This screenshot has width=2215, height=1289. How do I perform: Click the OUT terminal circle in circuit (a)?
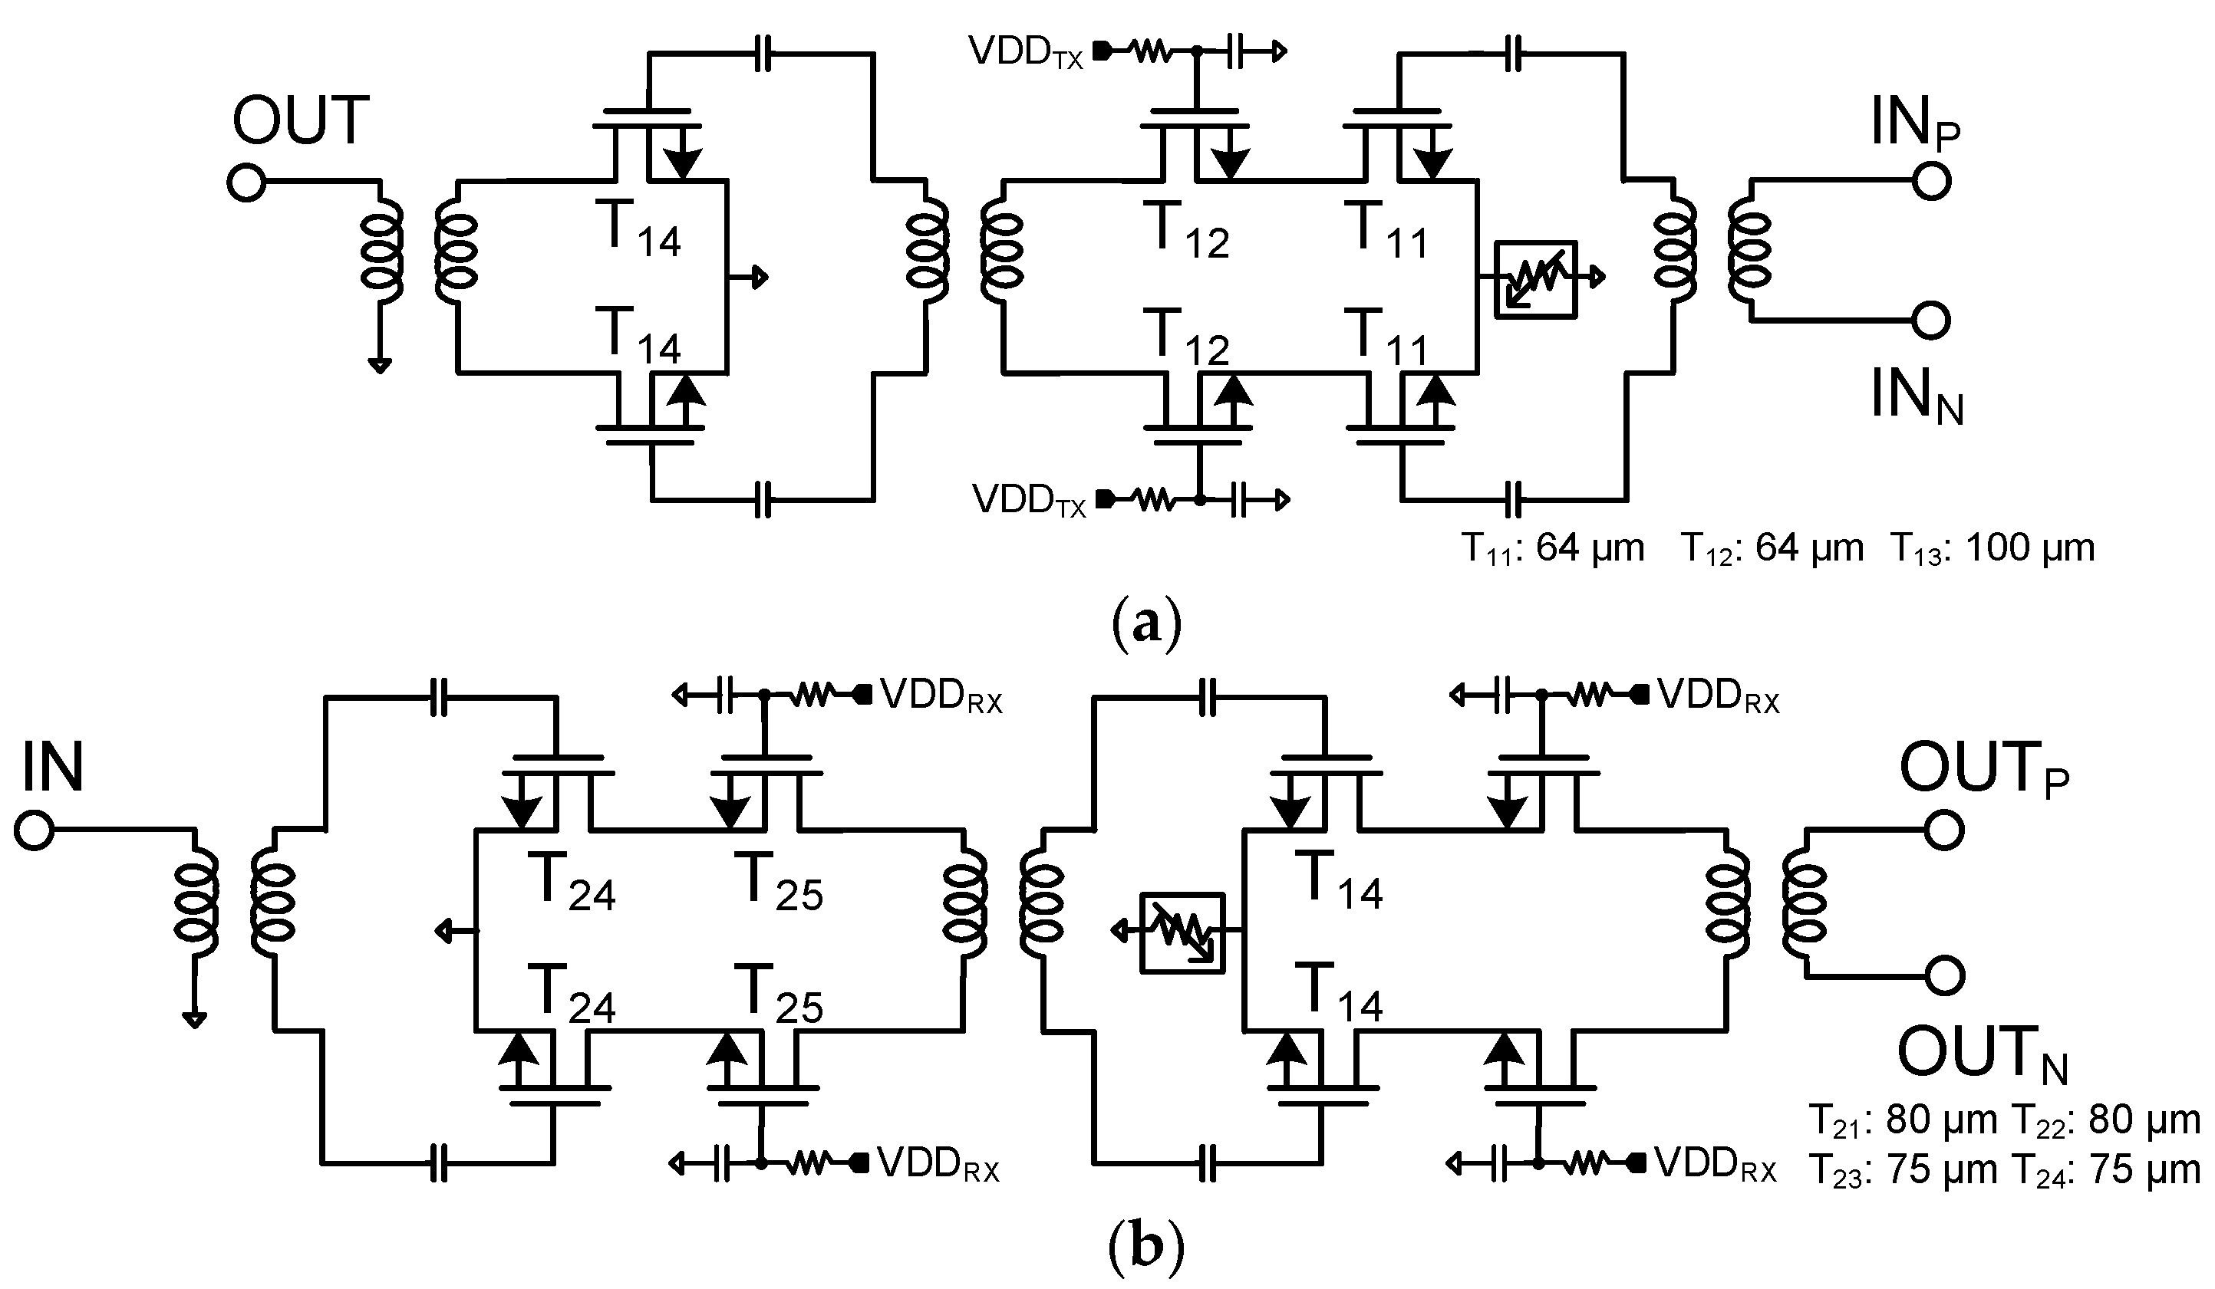click(246, 182)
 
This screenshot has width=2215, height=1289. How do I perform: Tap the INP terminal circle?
click(1931, 181)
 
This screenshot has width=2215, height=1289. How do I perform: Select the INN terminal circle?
click(1931, 321)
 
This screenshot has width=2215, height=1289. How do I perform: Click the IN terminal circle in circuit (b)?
click(35, 830)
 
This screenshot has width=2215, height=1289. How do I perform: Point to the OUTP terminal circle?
click(1944, 830)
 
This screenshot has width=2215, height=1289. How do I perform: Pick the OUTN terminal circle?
click(1944, 976)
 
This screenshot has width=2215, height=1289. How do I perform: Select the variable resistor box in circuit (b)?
click(1182, 933)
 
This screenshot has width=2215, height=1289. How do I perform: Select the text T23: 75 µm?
click(1903, 1171)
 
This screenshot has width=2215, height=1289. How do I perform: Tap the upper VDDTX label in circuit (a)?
click(1026, 53)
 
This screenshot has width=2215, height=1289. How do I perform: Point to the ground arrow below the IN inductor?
click(194, 1018)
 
